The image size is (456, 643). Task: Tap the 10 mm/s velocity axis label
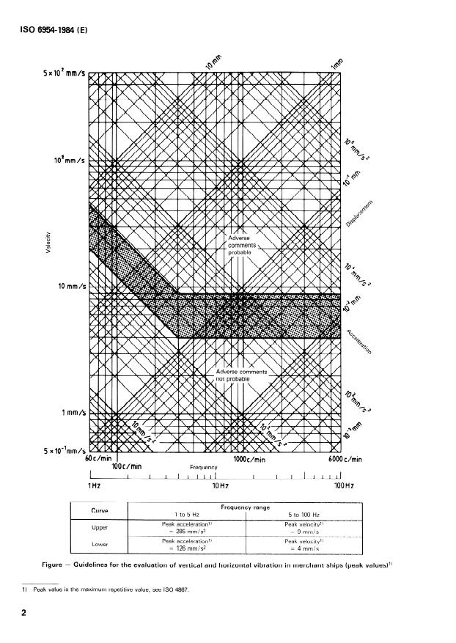pos(68,286)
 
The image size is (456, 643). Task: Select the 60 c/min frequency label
pos(98,459)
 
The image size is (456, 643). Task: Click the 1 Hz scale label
pos(94,485)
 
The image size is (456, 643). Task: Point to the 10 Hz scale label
pos(219,485)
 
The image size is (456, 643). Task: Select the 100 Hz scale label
pos(344,485)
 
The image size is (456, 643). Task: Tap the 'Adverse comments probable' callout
pos(240,245)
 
